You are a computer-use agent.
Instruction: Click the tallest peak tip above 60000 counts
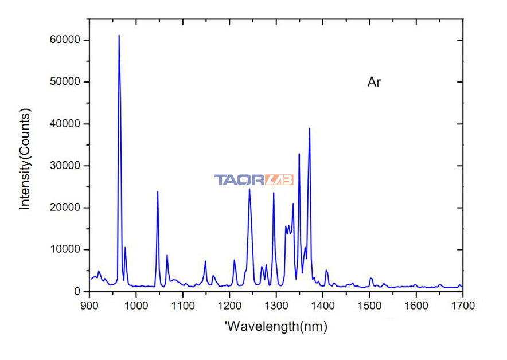(119, 36)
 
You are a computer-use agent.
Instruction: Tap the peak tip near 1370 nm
(310, 128)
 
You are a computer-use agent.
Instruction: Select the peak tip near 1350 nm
(299, 154)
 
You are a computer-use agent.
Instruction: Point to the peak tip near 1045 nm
(158, 191)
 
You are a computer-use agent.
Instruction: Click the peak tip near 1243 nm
(249, 189)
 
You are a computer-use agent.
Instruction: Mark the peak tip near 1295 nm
(274, 193)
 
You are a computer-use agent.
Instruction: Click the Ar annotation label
(374, 82)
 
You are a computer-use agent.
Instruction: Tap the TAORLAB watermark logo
(253, 180)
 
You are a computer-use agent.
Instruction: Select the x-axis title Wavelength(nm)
(276, 327)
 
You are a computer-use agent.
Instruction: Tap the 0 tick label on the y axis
(76, 291)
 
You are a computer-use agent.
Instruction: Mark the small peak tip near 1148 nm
(205, 261)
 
